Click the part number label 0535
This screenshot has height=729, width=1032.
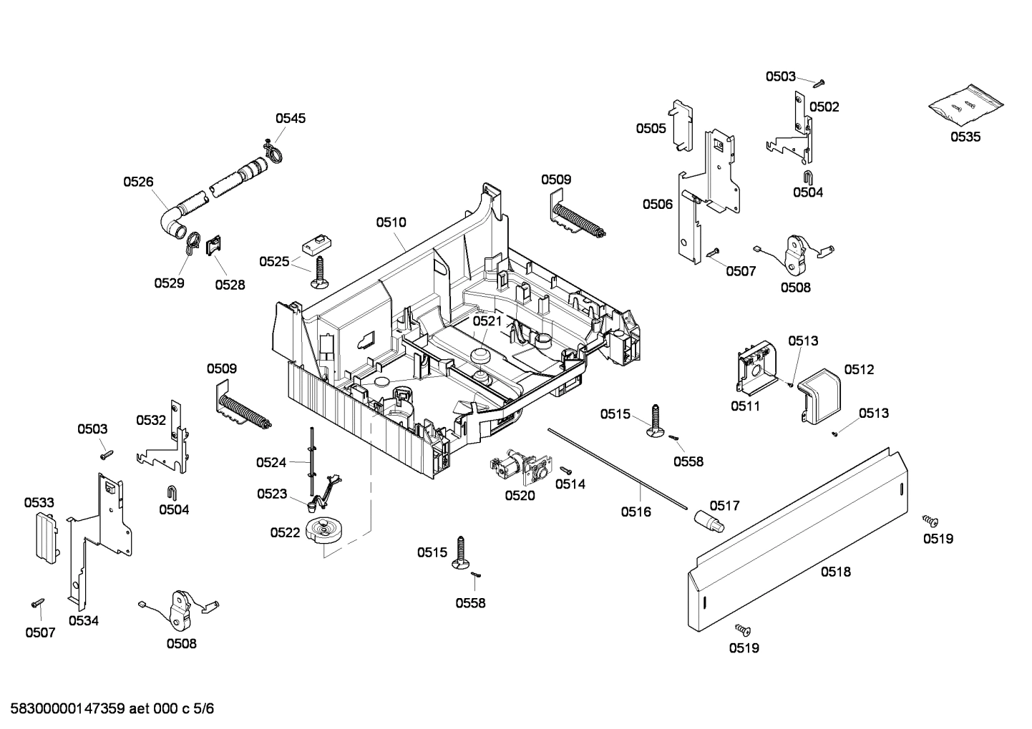point(965,137)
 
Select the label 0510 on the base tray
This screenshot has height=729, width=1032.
point(391,222)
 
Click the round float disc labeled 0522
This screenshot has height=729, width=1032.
point(324,532)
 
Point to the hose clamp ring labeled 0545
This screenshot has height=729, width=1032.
point(273,152)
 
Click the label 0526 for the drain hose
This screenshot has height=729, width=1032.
point(138,182)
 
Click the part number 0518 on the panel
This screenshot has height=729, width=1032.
point(835,572)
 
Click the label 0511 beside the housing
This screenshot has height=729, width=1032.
point(745,406)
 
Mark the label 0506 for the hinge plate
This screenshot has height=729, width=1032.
point(657,205)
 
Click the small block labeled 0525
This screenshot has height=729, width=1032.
point(315,244)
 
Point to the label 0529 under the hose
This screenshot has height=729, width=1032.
point(169,283)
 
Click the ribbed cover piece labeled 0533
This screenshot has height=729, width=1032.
point(45,536)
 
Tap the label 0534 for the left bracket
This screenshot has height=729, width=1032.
point(84,621)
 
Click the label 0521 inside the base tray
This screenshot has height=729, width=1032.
point(487,321)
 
